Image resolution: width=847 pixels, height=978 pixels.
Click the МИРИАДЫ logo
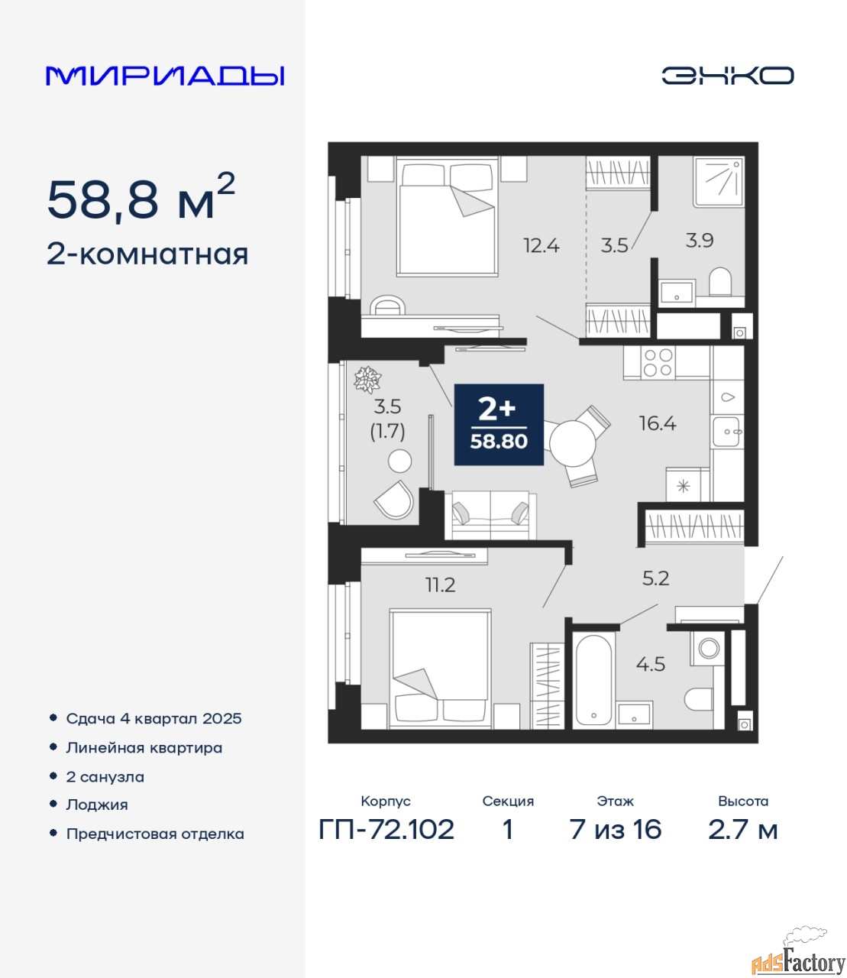click(x=165, y=76)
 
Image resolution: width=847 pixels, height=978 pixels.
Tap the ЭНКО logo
click(x=727, y=76)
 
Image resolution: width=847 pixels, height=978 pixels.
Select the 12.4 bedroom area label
click(x=541, y=245)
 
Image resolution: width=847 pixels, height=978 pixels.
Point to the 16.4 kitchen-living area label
click(x=658, y=423)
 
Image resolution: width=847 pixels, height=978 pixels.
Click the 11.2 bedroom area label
click(x=440, y=585)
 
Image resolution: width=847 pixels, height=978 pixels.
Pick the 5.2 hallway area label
click(x=655, y=578)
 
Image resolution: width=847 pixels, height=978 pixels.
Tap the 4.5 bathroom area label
click(x=651, y=664)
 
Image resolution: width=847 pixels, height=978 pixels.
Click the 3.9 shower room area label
click(x=700, y=241)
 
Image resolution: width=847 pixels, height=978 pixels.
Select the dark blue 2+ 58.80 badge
click(x=499, y=424)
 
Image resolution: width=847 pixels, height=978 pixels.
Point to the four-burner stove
click(x=658, y=362)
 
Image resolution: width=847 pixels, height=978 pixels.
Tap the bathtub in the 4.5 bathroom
click(x=594, y=680)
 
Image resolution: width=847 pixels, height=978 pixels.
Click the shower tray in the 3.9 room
click(x=719, y=182)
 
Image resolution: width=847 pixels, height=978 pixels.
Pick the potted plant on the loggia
click(x=368, y=380)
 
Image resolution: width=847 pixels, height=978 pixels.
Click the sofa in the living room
click(x=490, y=515)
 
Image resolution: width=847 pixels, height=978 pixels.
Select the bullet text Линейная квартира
click(x=144, y=748)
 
